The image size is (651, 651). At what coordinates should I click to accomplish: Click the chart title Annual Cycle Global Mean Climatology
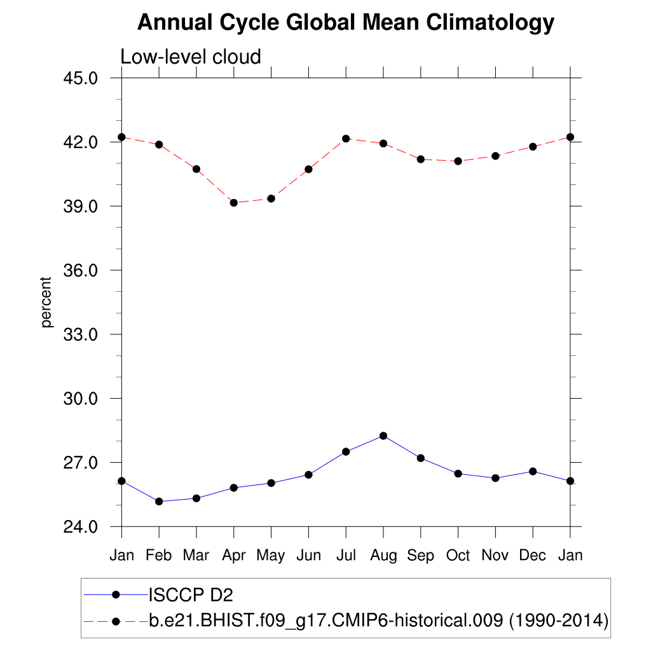click(346, 23)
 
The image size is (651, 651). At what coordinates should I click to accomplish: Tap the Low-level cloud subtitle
click(191, 57)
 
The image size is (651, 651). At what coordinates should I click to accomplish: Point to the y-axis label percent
click(46, 302)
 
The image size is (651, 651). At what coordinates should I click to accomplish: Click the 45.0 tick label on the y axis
click(81, 78)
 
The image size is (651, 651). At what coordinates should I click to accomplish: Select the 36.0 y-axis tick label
click(81, 270)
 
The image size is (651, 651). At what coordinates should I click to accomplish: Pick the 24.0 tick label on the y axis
click(81, 527)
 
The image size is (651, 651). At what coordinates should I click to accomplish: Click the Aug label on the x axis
click(383, 556)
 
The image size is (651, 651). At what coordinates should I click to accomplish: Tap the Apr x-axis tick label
click(234, 556)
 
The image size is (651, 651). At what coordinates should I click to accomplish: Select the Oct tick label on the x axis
click(458, 556)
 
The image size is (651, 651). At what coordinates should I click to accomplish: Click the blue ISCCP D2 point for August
click(383, 435)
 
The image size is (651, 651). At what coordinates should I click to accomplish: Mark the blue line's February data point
click(159, 502)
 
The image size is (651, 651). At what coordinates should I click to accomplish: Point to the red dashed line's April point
click(234, 203)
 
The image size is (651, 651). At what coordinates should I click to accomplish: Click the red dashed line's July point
click(346, 139)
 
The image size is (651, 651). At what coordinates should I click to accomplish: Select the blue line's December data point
click(533, 471)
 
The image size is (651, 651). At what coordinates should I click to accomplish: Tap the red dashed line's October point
click(458, 161)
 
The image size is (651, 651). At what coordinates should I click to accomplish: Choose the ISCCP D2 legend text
click(191, 595)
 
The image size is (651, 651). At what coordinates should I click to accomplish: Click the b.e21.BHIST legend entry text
click(379, 620)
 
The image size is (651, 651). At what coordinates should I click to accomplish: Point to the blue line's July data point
click(346, 451)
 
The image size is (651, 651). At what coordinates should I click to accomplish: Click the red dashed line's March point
click(196, 169)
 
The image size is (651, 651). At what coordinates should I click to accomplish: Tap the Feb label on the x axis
click(159, 556)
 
